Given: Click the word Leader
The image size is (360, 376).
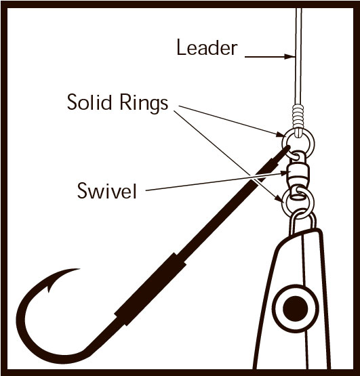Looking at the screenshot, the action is pos(207,47).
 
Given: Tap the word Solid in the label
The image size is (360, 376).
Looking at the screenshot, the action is pos(89,102).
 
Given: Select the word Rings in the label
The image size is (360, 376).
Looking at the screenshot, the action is pos(144,104).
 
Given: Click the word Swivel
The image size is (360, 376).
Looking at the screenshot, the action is pos(107,190).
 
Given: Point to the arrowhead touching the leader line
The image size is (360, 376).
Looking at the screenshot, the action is pos(289,57).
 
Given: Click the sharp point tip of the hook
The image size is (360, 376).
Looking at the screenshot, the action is pos(79,269).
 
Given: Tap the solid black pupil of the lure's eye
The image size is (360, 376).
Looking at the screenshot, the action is pos(295,308).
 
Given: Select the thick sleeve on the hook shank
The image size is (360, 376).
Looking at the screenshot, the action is pos(150,290).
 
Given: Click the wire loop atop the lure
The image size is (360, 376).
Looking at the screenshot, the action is pos(302,221).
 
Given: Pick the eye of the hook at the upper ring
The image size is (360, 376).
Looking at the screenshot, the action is pos(285,150).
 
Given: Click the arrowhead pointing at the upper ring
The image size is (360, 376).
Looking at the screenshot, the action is pos(279,134).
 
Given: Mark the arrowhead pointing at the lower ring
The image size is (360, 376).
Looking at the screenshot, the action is pos(279,199).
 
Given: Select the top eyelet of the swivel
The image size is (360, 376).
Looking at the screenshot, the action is pos(298,156).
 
